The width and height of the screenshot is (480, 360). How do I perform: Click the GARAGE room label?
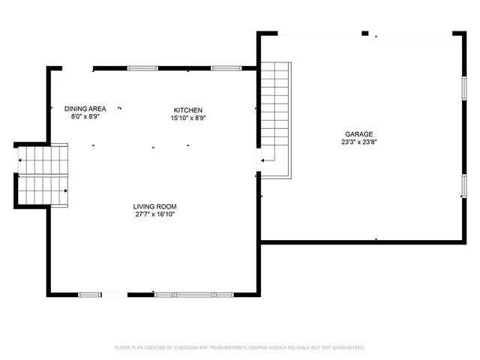[x=358, y=133]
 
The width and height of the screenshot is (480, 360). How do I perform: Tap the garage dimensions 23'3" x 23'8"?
[x=358, y=141]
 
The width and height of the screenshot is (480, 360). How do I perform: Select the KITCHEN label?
[x=188, y=109]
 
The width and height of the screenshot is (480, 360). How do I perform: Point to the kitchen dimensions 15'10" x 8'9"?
[x=188, y=117]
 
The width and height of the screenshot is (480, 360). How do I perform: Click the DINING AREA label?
[x=85, y=109]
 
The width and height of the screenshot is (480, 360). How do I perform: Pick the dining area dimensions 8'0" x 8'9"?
[x=85, y=116]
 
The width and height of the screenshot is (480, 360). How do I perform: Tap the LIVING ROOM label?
[x=155, y=206]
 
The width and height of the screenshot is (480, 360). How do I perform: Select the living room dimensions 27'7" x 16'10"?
[x=155, y=214]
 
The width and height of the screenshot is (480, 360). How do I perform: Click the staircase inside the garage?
[x=275, y=116]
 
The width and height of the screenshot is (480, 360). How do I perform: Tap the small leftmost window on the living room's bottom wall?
[x=90, y=294]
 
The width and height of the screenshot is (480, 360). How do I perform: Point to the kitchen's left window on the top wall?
[x=142, y=68]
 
